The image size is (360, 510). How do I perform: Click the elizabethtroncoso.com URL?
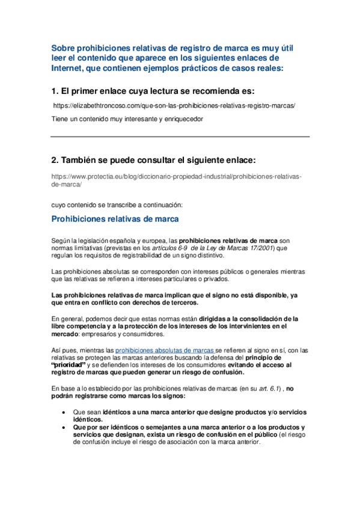[174, 105]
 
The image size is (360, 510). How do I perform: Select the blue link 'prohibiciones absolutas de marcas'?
[164, 349]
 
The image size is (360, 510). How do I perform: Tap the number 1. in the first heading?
[55, 91]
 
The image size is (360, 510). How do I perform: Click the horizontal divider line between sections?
[180, 137]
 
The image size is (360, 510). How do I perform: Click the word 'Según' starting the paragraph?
[61, 240]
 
